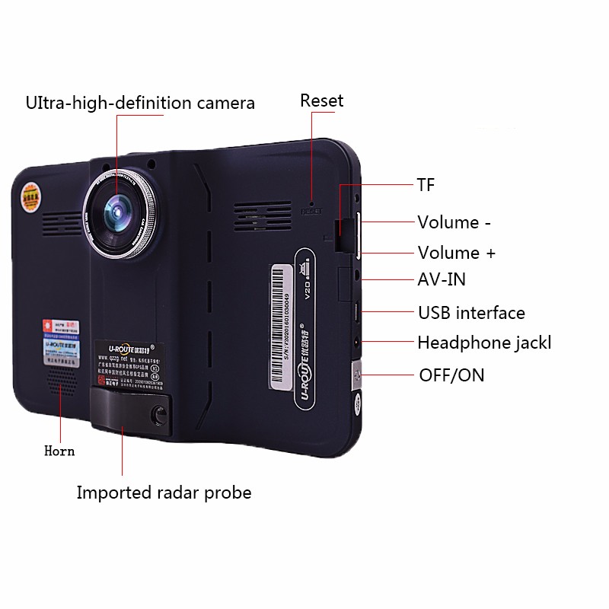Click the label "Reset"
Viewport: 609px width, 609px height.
(x=321, y=100)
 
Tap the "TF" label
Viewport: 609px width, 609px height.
(x=426, y=185)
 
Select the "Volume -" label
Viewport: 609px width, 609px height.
(x=454, y=222)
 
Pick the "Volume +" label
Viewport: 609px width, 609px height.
(x=456, y=253)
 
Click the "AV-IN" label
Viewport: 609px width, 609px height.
(x=442, y=280)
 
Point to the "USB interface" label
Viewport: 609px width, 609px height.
(x=471, y=313)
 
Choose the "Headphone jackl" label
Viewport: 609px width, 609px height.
(x=483, y=343)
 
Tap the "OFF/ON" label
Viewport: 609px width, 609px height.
(x=451, y=375)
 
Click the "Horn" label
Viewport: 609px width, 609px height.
(x=59, y=451)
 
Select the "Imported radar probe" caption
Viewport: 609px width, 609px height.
(x=164, y=493)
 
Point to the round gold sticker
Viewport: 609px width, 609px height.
(x=30, y=196)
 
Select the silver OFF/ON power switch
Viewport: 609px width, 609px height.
(x=356, y=375)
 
